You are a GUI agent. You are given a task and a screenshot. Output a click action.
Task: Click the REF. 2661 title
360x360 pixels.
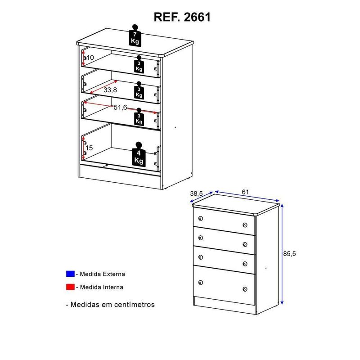[x=182, y=17]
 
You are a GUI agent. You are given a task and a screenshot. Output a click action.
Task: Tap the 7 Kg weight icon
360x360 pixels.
[x=135, y=36]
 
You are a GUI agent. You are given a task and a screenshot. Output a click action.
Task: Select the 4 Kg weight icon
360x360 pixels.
[x=139, y=154]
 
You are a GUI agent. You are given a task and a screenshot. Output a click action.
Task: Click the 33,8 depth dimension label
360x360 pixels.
[x=110, y=90]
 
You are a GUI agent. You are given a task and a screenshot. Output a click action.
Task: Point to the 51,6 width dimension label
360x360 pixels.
[x=120, y=107]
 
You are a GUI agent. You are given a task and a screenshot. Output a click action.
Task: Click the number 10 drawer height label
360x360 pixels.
[x=90, y=58]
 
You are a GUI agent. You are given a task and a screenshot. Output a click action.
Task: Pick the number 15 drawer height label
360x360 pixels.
[x=89, y=148]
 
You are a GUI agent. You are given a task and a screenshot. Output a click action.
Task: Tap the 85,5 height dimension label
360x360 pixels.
[x=289, y=254]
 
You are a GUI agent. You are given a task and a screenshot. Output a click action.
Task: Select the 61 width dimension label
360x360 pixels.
[x=245, y=192]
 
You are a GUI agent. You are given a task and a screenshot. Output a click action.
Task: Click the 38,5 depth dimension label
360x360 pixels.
[x=197, y=193]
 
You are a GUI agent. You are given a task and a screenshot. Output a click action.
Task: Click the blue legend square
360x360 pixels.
[x=70, y=274]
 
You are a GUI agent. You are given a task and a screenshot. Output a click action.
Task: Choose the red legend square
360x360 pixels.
[x=70, y=287]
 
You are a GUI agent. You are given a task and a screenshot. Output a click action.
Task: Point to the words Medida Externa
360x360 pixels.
[x=103, y=274]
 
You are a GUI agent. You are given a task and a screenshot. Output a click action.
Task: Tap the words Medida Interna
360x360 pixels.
[x=102, y=287]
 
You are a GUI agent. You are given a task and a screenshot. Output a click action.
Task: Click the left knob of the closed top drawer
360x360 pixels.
[x=200, y=218]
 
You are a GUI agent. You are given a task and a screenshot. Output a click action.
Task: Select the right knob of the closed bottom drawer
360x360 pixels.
[x=245, y=289]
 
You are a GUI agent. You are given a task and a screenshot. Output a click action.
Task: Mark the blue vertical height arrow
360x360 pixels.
[x=282, y=254]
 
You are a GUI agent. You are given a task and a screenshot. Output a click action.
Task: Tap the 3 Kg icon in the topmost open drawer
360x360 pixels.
[x=139, y=64]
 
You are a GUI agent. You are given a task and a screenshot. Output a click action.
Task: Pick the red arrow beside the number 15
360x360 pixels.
[x=83, y=148]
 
